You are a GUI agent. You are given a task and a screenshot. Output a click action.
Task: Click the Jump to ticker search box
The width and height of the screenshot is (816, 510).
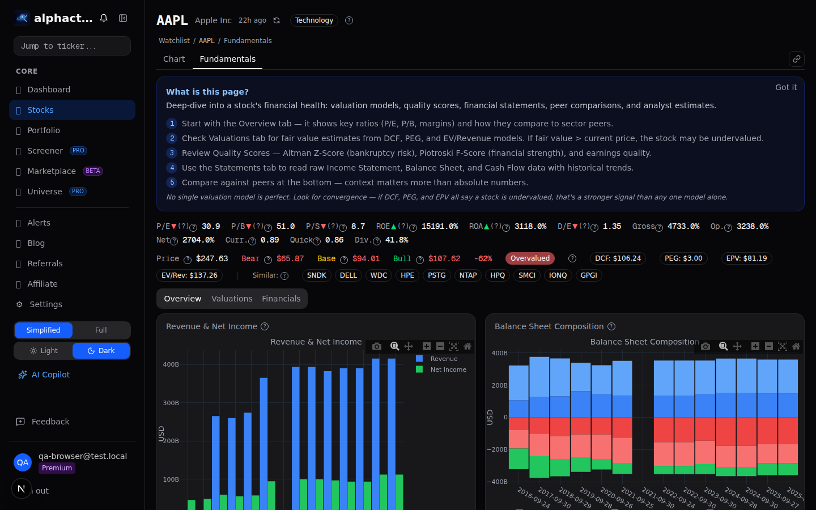click(x=72, y=46)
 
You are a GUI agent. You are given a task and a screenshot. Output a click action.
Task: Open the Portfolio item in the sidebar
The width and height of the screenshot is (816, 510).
click(x=44, y=130)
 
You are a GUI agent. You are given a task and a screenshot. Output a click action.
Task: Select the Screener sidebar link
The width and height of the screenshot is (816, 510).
click(x=45, y=151)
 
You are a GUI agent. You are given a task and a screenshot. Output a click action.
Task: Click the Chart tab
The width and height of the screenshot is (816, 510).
click(x=174, y=59)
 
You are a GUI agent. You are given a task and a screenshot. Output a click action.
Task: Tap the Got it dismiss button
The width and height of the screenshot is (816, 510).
click(x=785, y=87)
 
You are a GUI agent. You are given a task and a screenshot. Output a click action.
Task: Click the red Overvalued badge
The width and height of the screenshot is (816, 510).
click(x=530, y=258)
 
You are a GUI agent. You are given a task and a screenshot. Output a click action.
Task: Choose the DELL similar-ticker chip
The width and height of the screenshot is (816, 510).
click(x=348, y=275)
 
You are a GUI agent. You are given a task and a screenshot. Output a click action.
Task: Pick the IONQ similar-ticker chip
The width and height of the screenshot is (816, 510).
click(x=558, y=275)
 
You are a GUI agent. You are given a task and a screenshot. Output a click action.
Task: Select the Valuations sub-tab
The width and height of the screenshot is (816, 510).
click(x=232, y=299)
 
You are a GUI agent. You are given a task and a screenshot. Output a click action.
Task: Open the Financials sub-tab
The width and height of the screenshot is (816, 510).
click(x=281, y=299)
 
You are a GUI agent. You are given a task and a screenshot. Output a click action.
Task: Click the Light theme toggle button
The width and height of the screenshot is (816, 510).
click(x=44, y=351)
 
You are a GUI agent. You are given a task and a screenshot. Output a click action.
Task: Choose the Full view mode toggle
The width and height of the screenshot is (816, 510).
click(x=101, y=330)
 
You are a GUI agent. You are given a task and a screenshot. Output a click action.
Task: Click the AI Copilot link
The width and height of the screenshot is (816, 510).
click(x=50, y=375)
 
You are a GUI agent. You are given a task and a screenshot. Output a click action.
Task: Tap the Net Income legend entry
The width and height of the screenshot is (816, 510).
click(x=448, y=369)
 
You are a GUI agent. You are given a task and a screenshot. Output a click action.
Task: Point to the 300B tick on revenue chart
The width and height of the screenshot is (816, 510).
click(x=171, y=403)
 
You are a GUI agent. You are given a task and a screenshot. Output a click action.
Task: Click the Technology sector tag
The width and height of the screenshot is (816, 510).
click(x=314, y=20)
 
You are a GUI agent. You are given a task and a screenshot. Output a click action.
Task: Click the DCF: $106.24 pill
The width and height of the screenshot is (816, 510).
click(x=618, y=258)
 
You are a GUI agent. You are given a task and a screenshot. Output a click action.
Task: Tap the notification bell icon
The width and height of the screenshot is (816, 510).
click(x=104, y=18)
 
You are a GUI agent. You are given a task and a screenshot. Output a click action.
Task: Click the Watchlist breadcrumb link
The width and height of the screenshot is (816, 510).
click(x=174, y=41)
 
